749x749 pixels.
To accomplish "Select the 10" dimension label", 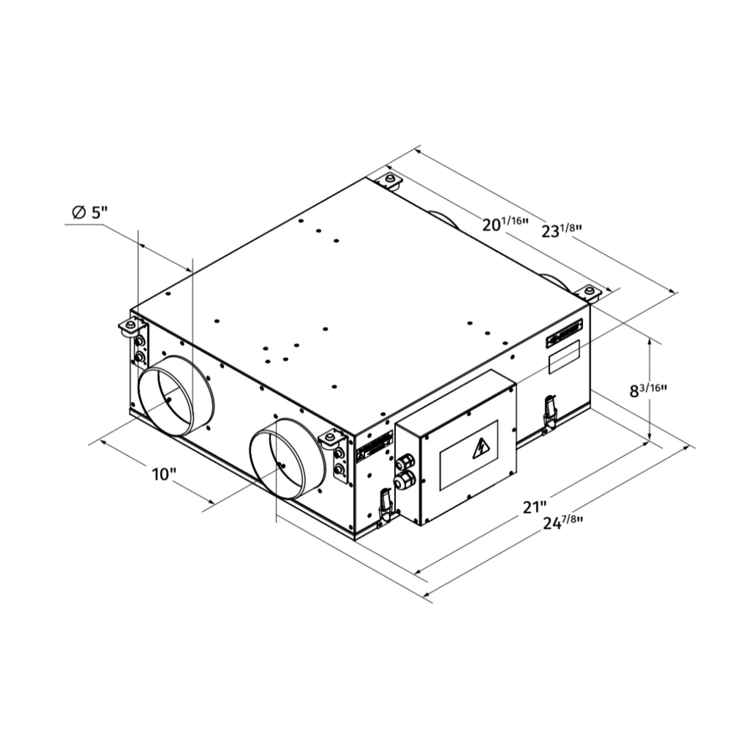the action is [164, 474].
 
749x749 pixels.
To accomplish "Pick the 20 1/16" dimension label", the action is [505, 224].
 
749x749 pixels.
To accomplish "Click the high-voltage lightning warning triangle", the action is [481, 449].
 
